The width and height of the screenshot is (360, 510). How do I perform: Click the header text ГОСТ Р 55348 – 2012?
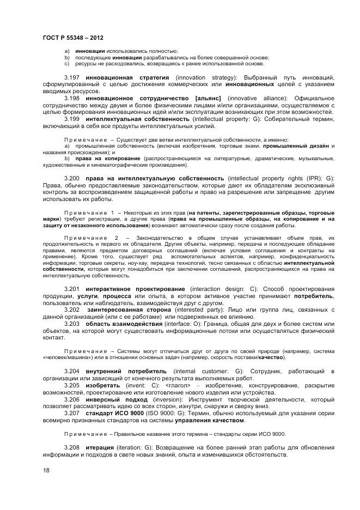point(73,37)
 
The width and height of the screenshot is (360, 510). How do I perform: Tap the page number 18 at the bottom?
point(46,470)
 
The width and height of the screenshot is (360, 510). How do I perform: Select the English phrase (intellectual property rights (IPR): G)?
point(281,178)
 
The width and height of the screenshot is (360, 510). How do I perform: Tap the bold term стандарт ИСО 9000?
point(115,414)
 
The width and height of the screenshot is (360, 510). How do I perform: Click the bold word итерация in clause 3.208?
point(100,447)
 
